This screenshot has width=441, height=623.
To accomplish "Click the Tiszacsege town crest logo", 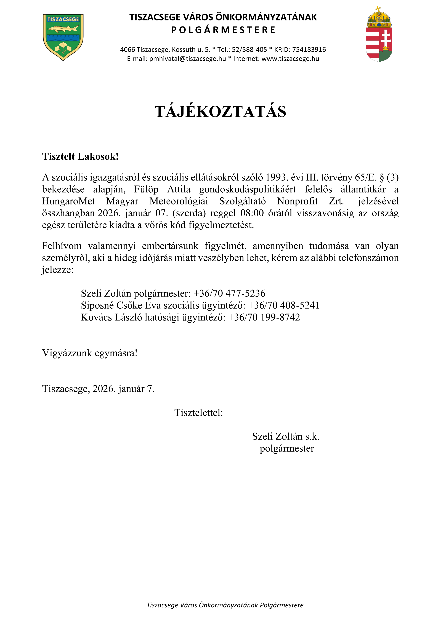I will point(63,37).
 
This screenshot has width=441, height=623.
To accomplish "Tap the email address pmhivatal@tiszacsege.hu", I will point(187,59).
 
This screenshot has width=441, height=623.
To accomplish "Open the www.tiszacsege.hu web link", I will point(290,59).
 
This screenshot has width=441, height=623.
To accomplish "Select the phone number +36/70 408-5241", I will point(284,305).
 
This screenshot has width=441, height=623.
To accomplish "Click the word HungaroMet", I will point(68,201).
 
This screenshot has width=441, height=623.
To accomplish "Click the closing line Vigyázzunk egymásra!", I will point(90,353).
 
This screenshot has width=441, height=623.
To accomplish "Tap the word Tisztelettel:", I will point(198,412).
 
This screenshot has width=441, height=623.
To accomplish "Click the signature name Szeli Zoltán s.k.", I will point(286,436).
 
